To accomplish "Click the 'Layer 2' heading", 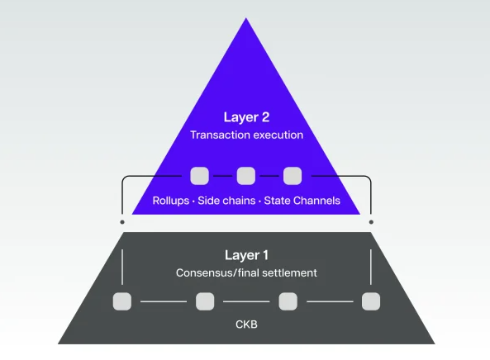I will point(246,117).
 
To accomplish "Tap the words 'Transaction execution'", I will point(246,135).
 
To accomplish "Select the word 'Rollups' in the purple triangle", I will point(170,201).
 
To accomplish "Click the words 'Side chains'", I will point(226,201).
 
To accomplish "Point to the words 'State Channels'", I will point(302,201).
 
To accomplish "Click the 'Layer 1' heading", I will point(246,255).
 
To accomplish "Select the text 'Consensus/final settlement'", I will point(246,272).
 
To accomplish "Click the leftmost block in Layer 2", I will point(199,176).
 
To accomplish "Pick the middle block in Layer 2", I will point(245,176).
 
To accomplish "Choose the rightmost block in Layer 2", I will point(293,176).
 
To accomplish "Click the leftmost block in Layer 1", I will point(122,301).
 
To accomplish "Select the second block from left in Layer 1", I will point(205,301).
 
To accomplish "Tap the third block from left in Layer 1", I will point(288,301).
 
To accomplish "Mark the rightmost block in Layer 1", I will point(371,301).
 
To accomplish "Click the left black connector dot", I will point(122,222).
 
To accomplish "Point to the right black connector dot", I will point(371,222).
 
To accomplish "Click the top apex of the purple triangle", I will point(246,21).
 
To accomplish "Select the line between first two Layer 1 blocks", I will point(164,301).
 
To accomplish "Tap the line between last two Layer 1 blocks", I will point(330,301).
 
